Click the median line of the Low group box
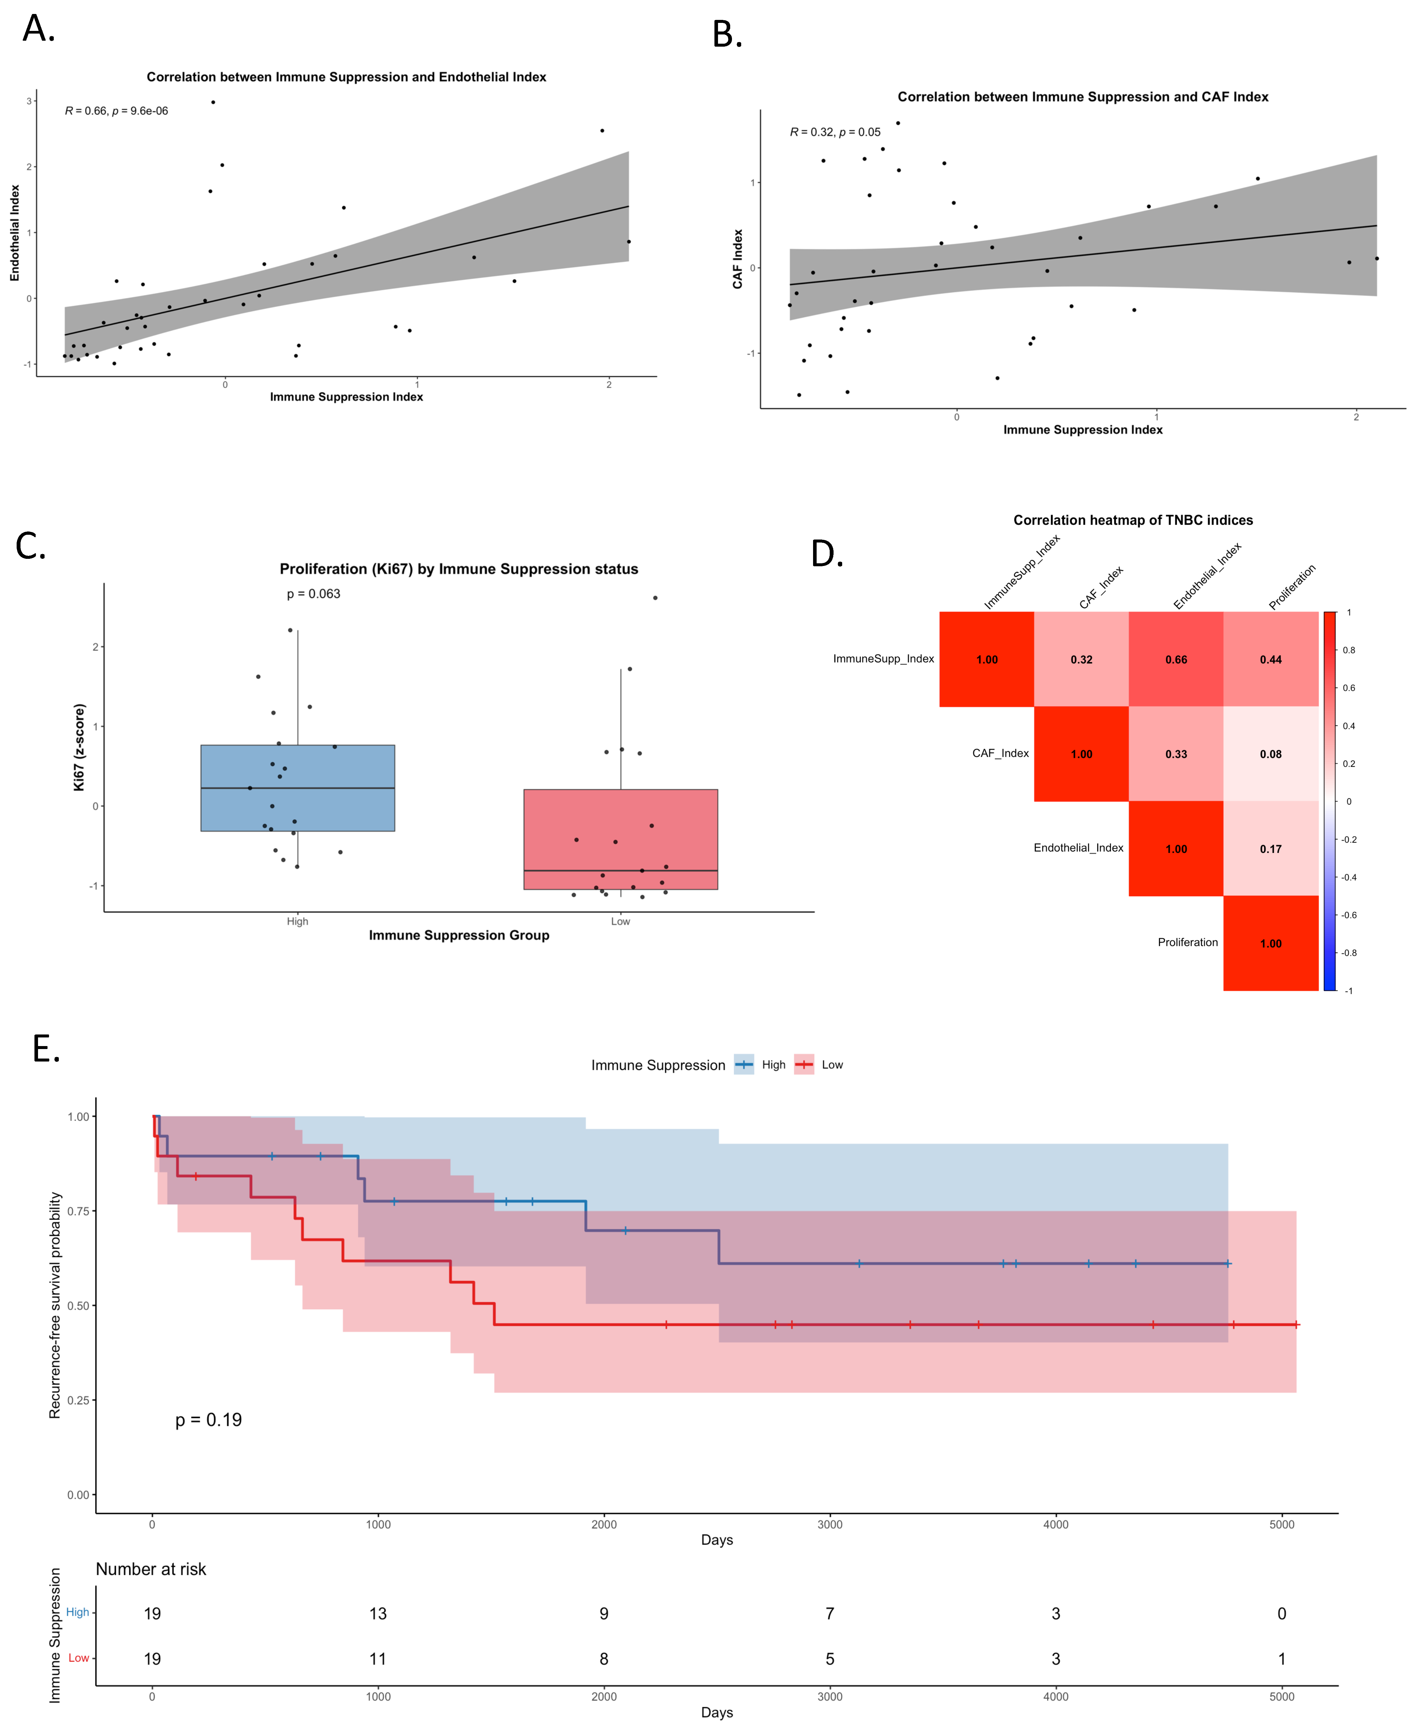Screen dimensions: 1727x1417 620,871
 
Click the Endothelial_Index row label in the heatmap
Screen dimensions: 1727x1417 1078,848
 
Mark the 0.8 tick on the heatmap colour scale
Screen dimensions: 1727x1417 1348,650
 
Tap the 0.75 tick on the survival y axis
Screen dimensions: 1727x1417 78,1211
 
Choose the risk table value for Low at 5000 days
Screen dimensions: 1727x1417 1282,1659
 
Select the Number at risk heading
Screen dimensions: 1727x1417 151,1570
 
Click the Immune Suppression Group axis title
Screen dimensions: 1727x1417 459,935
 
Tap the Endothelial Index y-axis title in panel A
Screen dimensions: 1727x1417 15,233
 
